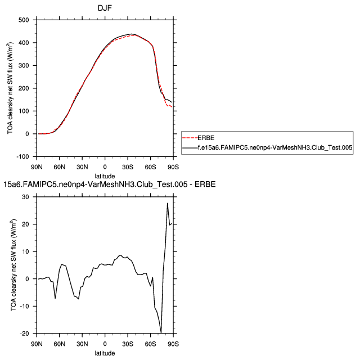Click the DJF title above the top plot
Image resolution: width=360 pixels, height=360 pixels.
[x=105, y=7]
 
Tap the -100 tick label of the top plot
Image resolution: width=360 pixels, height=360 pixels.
[x=22, y=156]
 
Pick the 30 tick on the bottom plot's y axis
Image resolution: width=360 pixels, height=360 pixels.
[x=25, y=197]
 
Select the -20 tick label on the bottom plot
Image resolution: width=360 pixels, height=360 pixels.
[x=24, y=334]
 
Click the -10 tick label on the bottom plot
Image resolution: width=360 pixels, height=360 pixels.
[x=24, y=306]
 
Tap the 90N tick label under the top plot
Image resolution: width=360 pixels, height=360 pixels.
[x=37, y=167]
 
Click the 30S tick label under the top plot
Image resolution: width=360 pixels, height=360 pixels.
[x=128, y=167]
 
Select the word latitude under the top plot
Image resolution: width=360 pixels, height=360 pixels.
[x=105, y=176]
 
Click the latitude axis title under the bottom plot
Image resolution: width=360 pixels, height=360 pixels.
[x=105, y=353]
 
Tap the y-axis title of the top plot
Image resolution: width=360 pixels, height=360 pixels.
[x=10, y=88]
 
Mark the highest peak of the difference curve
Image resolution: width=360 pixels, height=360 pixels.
[x=168, y=203]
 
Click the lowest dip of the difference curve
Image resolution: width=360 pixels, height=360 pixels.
[x=161, y=333]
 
